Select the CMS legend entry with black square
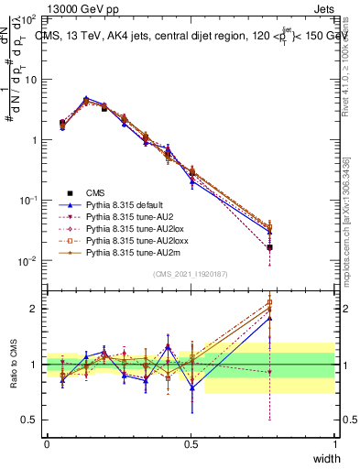click(x=95, y=192)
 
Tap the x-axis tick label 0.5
click(x=191, y=444)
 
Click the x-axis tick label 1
click(x=335, y=444)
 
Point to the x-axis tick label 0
click(x=47, y=444)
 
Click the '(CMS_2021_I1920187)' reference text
click(x=191, y=274)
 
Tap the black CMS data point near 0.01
click(x=269, y=247)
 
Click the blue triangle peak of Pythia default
click(x=86, y=98)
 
